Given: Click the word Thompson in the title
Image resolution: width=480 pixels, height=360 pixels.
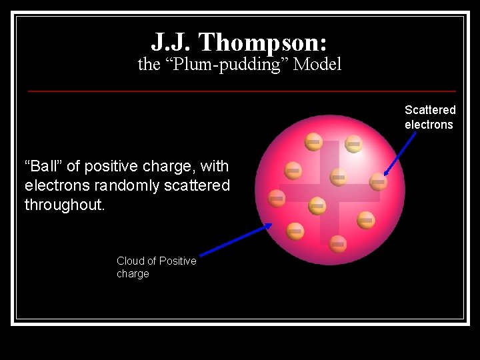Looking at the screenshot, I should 263,42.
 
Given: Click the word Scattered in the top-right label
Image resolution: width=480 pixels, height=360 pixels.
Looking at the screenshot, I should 430,110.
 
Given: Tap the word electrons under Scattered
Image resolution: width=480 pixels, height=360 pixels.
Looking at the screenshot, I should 429,125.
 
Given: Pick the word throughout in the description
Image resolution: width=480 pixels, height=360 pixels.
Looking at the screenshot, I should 65,205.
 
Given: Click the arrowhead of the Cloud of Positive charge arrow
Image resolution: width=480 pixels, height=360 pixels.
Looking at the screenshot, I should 269,225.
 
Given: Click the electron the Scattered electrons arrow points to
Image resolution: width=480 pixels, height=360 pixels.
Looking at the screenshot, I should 378,181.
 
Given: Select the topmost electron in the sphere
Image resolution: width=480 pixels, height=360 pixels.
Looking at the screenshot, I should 313,141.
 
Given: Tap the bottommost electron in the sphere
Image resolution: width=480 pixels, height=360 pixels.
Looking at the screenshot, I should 338,244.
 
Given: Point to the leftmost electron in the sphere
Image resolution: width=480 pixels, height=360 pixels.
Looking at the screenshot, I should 277,198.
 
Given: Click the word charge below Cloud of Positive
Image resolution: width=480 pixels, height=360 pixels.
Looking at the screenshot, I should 133,274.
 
